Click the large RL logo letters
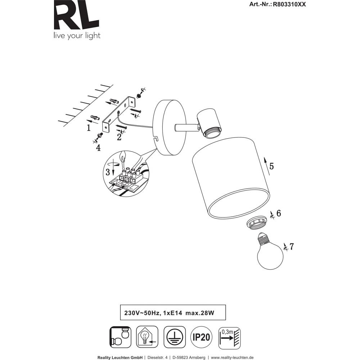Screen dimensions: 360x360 76,15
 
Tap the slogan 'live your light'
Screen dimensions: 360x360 77,36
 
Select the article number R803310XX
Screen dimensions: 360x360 289,4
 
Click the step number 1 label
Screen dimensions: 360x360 89,128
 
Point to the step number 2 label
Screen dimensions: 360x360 119,137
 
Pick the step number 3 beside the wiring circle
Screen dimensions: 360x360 108,172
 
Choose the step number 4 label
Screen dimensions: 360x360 98,148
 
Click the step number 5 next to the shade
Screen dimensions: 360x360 271,166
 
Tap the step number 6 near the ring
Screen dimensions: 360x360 279,213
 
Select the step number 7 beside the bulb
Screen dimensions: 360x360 292,247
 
